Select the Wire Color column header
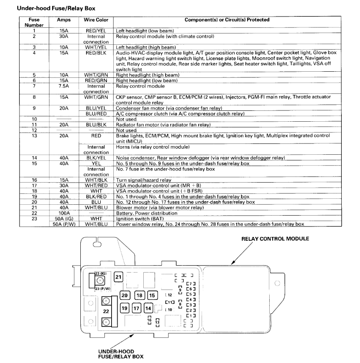pos(96,20)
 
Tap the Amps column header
pos(63,20)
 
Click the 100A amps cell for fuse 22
pos(63,213)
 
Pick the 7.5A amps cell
pos(63,86)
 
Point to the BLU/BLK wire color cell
pos(96,124)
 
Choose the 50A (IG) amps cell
pos(63,219)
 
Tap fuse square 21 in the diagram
pos(119,277)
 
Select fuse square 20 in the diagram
pos(125,295)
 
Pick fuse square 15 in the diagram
pos(152,295)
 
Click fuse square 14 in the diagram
pos(148,309)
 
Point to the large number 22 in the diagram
pos(106,311)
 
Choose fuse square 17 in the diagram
pos(136,309)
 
